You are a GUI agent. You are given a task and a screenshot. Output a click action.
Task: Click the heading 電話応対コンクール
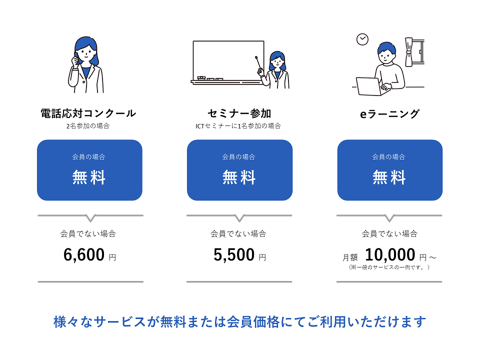tap(88, 113)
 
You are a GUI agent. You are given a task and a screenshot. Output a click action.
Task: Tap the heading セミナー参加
tap(239, 113)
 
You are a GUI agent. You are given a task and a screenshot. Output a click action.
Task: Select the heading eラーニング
tap(389, 114)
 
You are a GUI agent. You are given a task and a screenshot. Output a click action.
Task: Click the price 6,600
tap(84, 254)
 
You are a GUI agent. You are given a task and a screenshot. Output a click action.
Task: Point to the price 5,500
tap(234, 254)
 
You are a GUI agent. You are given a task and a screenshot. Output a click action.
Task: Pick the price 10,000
tap(390, 254)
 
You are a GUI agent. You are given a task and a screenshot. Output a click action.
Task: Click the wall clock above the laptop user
tap(362, 39)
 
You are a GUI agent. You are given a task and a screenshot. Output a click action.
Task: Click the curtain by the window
tap(409, 51)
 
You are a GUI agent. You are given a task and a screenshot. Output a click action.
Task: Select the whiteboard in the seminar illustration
tap(228, 61)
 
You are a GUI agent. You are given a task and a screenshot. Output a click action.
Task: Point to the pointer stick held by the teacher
tap(259, 63)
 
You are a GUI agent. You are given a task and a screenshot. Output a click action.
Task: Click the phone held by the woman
tap(76, 58)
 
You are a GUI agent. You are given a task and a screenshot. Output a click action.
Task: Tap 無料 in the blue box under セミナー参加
tap(239, 177)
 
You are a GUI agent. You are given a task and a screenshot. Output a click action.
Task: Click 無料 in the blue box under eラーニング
tap(389, 177)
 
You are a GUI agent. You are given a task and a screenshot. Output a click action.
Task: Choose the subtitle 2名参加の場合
tap(88, 126)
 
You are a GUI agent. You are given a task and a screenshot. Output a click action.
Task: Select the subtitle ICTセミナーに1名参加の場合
tap(238, 126)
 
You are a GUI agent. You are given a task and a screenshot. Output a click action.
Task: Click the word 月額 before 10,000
tap(350, 257)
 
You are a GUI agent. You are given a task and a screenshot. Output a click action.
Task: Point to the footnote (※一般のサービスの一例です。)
tap(389, 267)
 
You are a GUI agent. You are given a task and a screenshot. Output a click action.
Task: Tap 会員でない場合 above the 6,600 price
tap(88, 234)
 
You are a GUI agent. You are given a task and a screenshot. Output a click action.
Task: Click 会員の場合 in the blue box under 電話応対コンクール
tap(89, 157)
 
